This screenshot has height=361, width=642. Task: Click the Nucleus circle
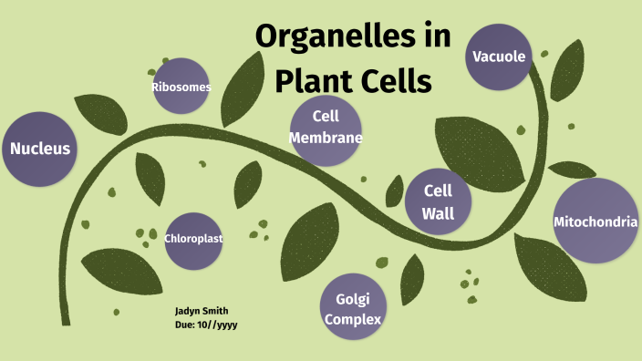(40, 149)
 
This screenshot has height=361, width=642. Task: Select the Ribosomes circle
(181, 87)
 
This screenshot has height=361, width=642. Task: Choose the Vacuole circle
(499, 57)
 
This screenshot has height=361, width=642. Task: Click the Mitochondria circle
(595, 222)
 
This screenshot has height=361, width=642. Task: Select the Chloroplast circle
(193, 239)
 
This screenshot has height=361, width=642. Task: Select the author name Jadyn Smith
(202, 311)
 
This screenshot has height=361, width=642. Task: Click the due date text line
(206, 324)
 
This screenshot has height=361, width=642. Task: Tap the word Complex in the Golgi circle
(353, 320)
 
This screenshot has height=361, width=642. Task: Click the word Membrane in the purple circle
(326, 139)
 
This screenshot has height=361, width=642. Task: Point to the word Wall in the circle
(438, 214)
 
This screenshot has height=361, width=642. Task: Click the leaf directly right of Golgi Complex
(411, 277)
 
